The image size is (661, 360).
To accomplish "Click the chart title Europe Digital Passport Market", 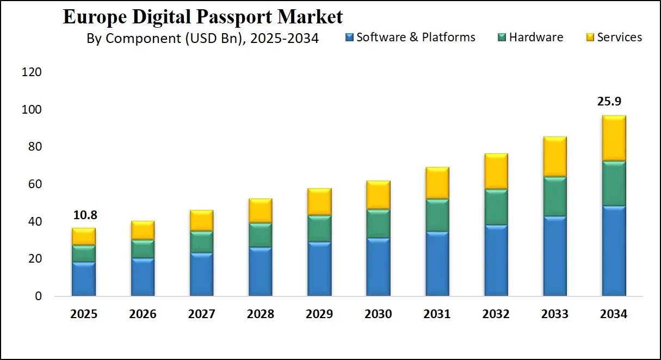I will click(202, 16).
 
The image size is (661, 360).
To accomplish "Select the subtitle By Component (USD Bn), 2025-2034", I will click(202, 38).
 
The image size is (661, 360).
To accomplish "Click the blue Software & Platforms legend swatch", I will click(350, 38).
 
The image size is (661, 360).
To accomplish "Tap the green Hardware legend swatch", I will click(502, 38).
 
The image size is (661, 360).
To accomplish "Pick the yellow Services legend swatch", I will click(590, 38).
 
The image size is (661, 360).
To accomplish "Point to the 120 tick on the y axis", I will click(32, 72).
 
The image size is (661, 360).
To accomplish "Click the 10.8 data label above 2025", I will click(84, 215).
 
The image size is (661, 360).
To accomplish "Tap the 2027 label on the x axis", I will click(201, 314).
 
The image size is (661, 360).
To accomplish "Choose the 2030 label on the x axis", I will click(378, 314).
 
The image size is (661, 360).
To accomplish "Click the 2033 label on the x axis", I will click(554, 314).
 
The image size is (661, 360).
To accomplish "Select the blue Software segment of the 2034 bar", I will click(614, 251).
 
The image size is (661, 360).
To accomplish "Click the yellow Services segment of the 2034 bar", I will click(614, 138).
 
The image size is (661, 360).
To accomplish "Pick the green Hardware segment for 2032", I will click(496, 207).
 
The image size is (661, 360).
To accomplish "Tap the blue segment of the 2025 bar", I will click(84, 280).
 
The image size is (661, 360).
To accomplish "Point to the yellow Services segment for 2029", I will click(319, 202).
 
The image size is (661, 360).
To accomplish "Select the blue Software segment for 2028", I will click(260, 272).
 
